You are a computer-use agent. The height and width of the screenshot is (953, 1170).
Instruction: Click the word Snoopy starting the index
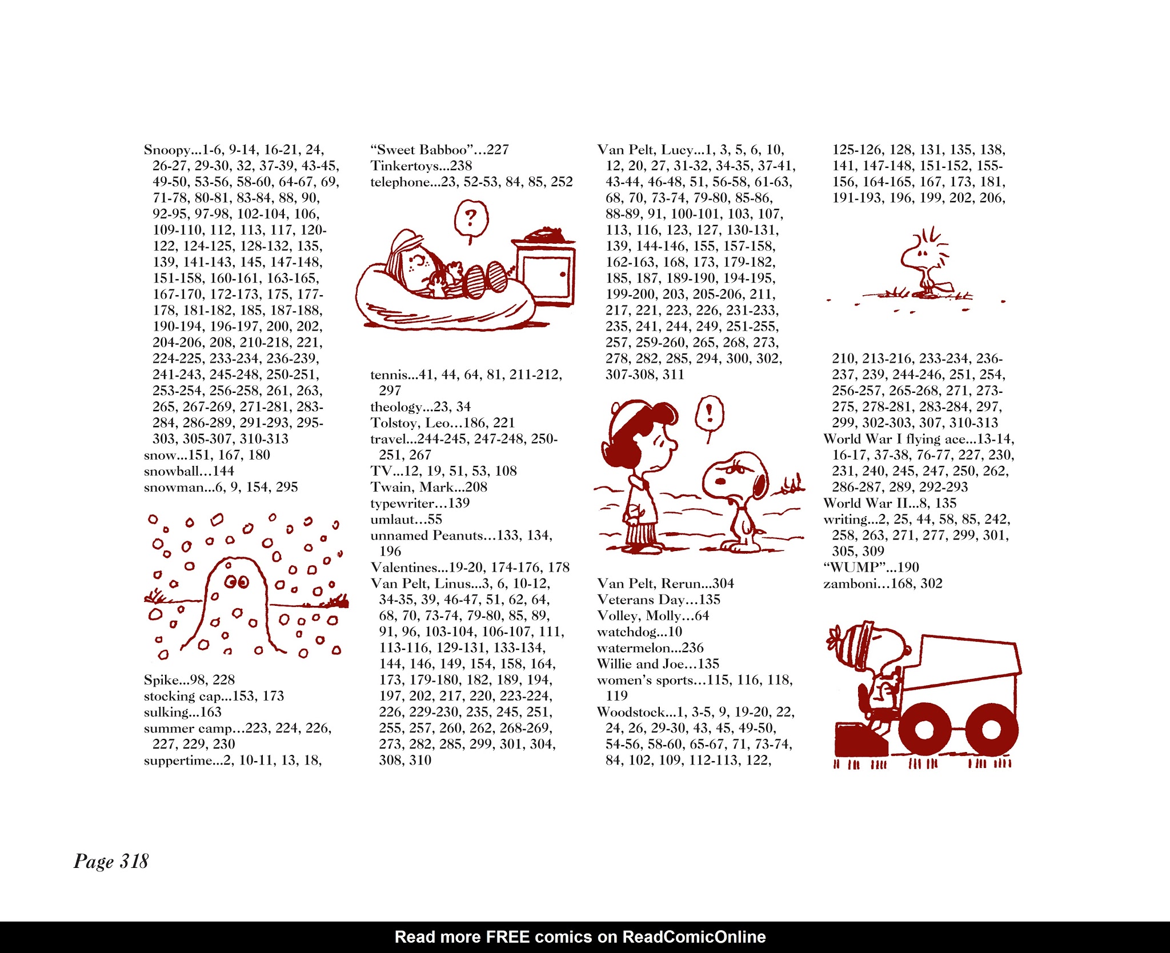tap(166, 150)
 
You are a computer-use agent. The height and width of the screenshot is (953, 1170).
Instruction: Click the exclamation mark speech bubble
tap(709, 412)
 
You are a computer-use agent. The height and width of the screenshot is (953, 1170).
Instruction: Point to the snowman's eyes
tap(237, 582)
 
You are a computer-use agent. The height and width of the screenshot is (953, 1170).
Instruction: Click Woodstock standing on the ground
tap(922, 263)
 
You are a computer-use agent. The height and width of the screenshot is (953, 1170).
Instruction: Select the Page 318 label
tap(111, 861)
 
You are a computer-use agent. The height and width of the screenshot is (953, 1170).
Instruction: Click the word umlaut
tap(391, 520)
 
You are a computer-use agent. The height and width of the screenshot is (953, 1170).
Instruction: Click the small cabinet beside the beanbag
tap(546, 274)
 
